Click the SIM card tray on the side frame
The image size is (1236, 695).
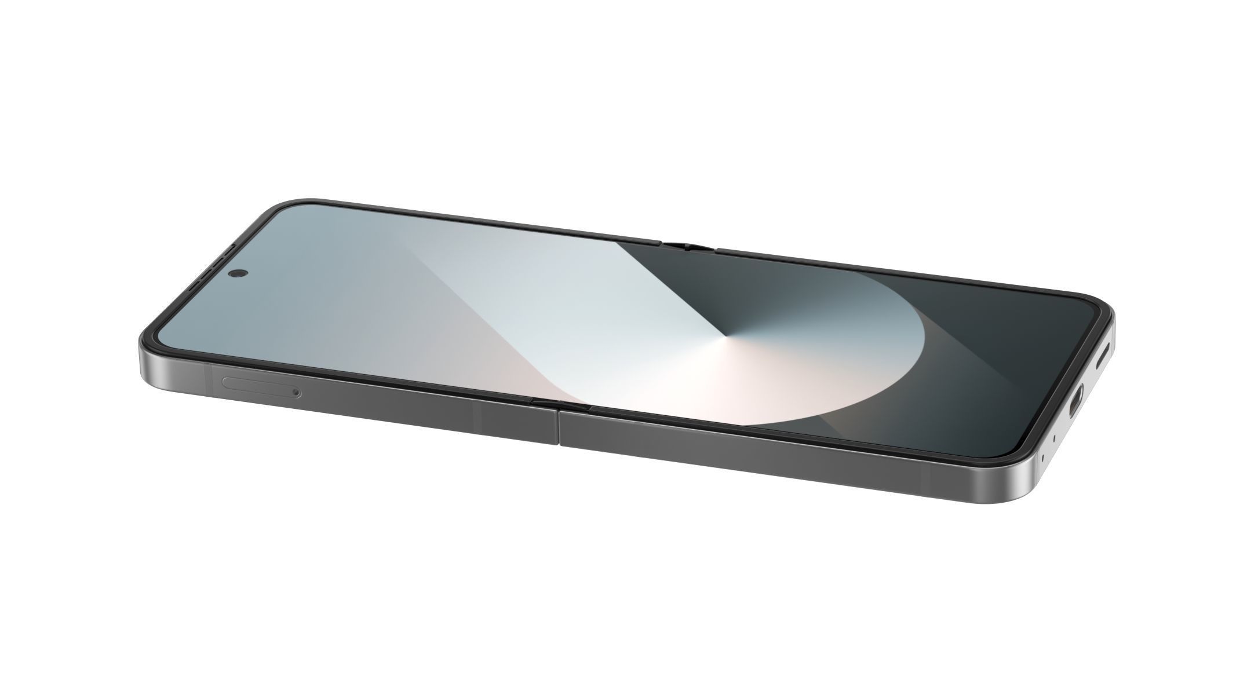point(258,386)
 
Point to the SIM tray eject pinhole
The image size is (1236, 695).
point(297,393)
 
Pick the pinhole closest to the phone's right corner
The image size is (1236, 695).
point(1042,459)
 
